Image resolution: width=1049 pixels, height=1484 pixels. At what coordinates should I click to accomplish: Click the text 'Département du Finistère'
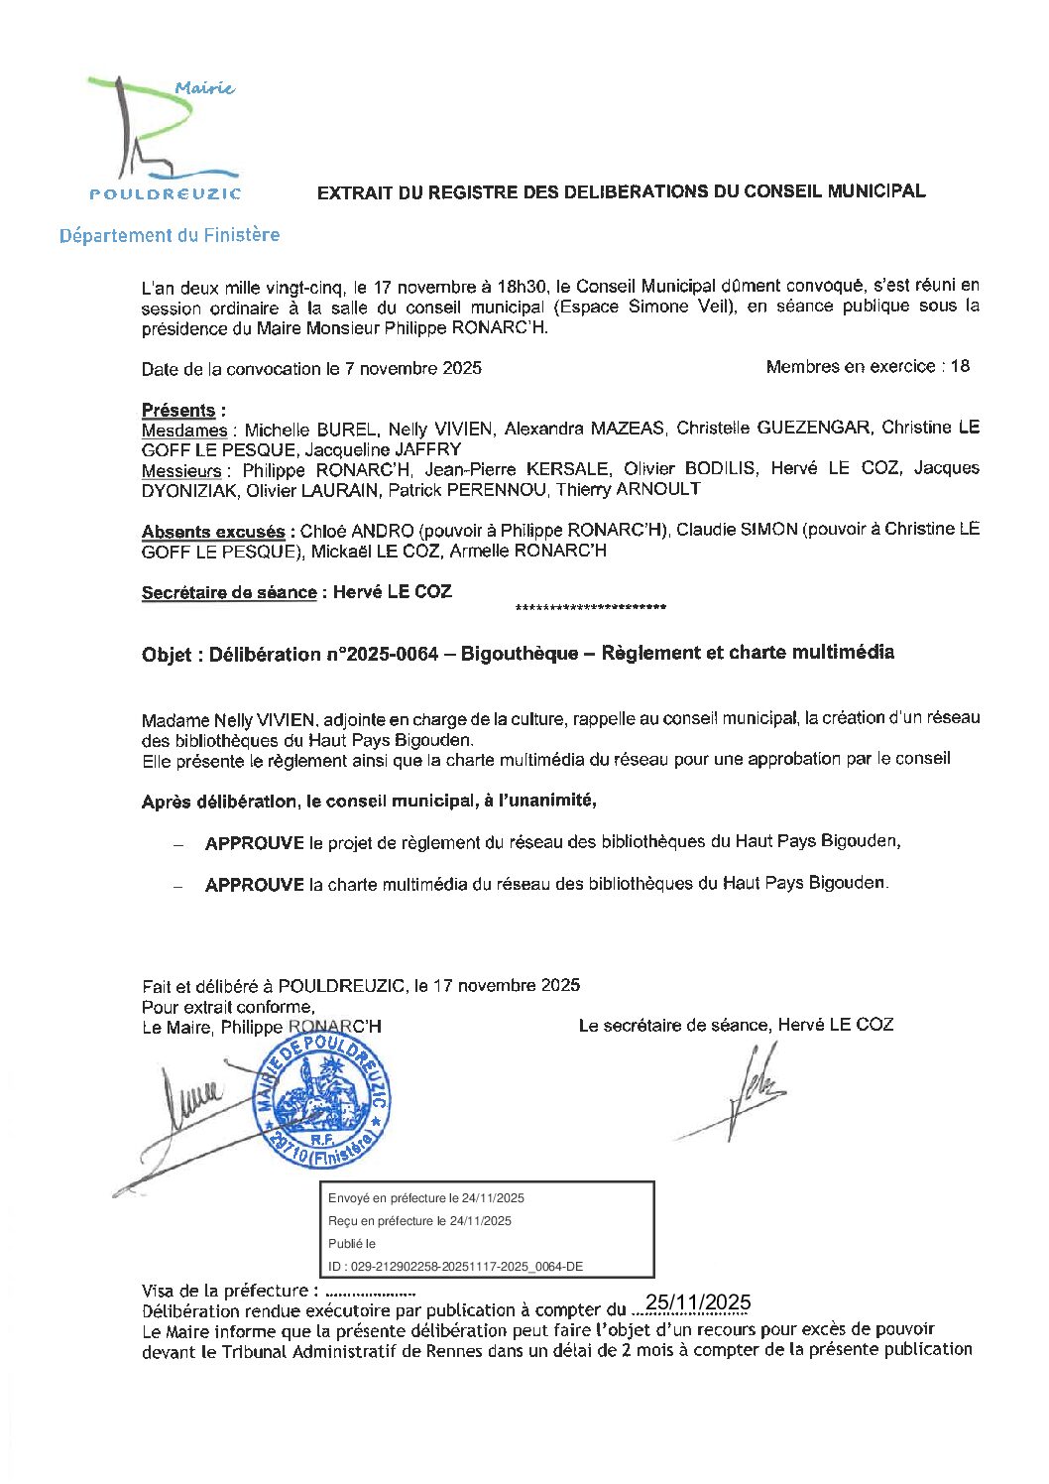170,235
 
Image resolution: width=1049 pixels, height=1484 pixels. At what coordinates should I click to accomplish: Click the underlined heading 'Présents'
178,410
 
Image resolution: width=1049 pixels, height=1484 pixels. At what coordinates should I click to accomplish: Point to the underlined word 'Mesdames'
184,431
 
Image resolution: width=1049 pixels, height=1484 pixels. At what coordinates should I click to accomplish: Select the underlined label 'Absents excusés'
213,532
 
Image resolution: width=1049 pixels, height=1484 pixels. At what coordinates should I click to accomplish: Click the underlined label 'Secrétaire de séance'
229,593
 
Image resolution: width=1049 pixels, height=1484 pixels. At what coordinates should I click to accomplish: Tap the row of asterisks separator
591,607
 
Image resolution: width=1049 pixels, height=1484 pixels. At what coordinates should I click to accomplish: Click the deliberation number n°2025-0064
383,654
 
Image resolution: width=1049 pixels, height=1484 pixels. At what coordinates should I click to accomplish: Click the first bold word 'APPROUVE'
254,843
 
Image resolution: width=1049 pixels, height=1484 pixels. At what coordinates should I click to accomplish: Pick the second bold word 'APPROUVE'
254,884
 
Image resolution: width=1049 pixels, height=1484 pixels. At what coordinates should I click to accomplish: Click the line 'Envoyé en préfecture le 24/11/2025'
426,1198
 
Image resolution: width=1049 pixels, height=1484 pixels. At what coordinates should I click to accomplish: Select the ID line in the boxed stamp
455,1267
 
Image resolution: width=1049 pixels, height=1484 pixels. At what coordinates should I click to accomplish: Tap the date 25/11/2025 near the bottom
698,1302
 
